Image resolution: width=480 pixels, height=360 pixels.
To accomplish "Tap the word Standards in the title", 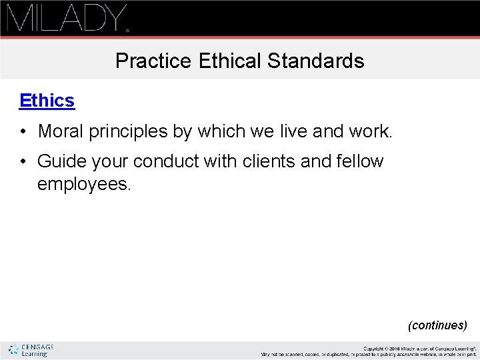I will point(316,61).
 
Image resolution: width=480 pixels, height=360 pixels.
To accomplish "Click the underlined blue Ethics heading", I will point(47,101).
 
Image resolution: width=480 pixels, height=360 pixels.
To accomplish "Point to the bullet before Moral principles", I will point(23,132).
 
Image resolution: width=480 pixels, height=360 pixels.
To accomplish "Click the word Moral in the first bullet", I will point(61,131).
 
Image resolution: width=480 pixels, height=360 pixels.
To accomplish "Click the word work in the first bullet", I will point(370,131).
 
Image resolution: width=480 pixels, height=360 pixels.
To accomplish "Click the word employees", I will point(84,184).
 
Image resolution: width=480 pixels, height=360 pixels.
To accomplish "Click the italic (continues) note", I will point(437,325).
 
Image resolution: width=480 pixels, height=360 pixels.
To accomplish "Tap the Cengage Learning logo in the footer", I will point(31,350).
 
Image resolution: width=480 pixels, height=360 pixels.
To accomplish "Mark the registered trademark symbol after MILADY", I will point(127,30).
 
